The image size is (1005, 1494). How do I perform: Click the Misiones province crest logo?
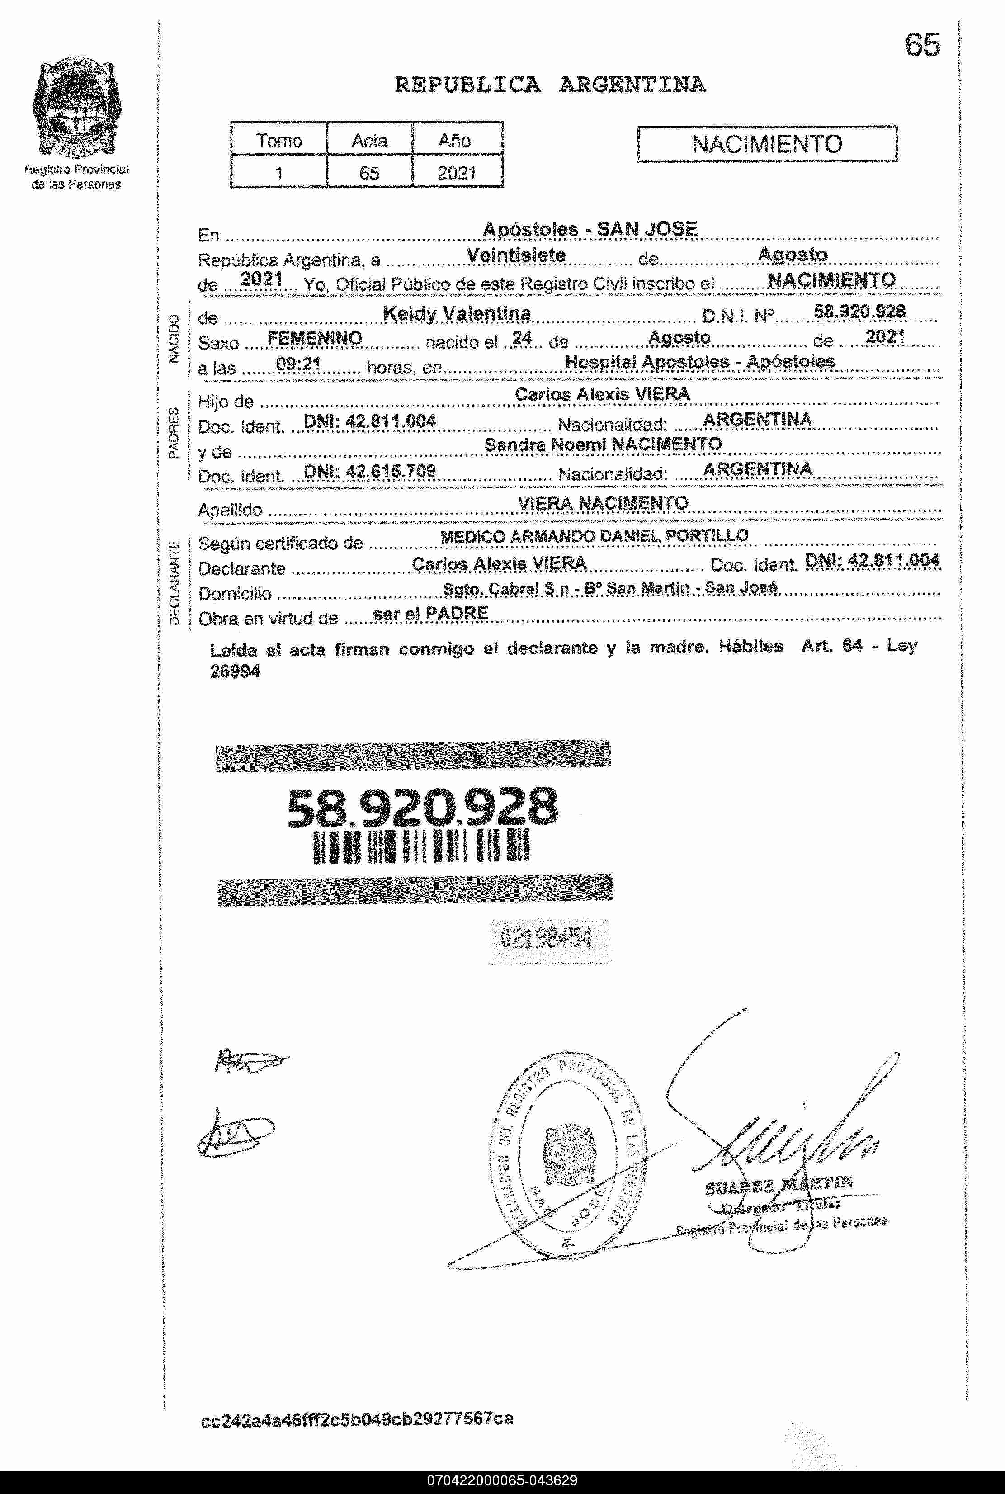[x=75, y=107]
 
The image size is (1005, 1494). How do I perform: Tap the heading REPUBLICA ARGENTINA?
[x=549, y=85]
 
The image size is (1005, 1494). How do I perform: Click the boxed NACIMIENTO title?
[x=767, y=144]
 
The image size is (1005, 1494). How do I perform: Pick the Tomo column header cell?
[x=279, y=140]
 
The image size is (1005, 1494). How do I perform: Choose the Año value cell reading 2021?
[x=456, y=173]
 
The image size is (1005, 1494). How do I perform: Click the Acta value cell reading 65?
[x=369, y=173]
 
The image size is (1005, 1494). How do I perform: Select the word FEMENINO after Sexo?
[x=314, y=338]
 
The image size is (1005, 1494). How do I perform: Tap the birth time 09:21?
[x=298, y=364]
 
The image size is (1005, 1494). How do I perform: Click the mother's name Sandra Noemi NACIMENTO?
[x=603, y=444]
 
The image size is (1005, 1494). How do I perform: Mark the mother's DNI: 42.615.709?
[x=369, y=471]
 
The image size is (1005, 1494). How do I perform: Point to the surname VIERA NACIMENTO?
[x=603, y=503]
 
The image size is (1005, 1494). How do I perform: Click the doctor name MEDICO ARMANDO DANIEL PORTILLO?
[x=594, y=536]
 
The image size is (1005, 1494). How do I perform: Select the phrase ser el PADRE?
[x=430, y=613]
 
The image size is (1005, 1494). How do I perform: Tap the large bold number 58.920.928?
[x=422, y=807]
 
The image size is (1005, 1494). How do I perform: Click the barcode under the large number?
[x=420, y=846]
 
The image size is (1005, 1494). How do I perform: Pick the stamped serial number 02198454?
[x=546, y=938]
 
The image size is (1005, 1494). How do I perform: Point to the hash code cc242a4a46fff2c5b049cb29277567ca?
[x=357, y=1418]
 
